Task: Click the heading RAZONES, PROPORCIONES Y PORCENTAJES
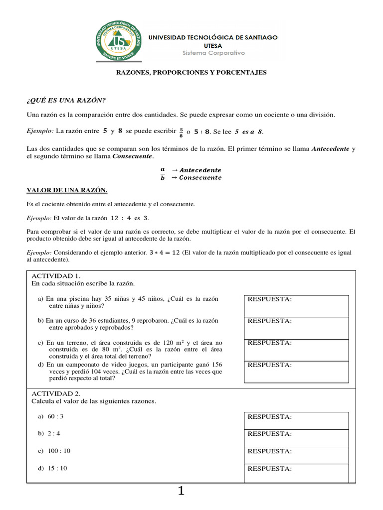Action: click(191, 73)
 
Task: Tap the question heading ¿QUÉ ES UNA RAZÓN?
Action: click(66, 100)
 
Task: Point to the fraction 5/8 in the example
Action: click(181, 132)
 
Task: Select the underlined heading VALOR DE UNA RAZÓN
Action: click(67, 190)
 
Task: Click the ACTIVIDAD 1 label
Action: click(56, 276)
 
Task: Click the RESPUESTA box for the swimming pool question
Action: click(296, 306)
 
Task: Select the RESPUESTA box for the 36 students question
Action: click(296, 328)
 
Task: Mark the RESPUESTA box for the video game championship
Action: click(296, 372)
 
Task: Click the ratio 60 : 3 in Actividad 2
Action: click(55, 416)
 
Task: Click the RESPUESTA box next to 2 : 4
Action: click(296, 438)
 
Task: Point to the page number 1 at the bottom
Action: click(181, 492)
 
